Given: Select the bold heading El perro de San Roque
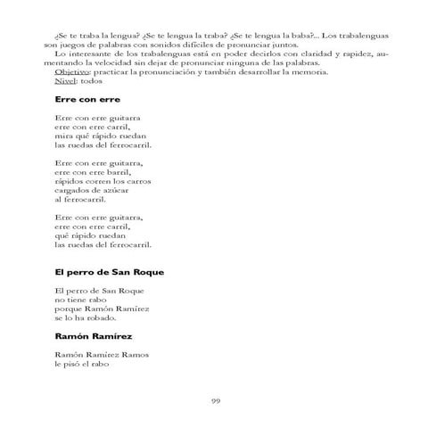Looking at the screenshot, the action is point(110,271).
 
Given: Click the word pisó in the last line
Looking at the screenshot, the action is point(79,364).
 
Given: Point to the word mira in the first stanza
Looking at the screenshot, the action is point(62,135).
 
